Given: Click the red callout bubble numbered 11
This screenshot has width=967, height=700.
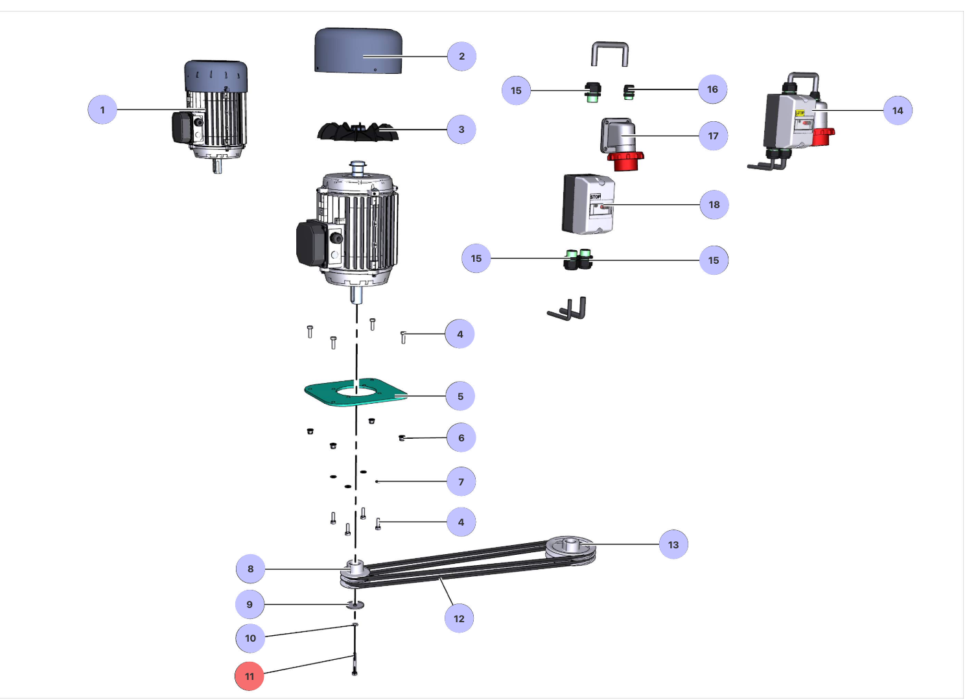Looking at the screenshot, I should coord(250,676).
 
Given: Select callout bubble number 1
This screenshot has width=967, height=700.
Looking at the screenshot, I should coord(102,110).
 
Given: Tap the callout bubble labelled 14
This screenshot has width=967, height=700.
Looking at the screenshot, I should coord(898,110).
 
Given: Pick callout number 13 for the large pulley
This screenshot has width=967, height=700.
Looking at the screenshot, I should coord(673,544).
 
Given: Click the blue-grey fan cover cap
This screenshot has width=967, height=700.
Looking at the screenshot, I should coord(358,50).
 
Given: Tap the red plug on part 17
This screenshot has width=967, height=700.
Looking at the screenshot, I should coord(625,160).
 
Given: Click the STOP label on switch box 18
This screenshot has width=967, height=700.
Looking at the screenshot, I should coord(595,196).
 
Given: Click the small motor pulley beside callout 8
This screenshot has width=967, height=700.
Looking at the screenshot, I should coord(355,570).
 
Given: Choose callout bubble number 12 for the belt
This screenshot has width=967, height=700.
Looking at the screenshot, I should coord(459,618).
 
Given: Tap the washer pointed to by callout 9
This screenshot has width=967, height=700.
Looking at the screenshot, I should coord(355,605).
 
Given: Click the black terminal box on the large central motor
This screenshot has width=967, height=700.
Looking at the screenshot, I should coord(310,244).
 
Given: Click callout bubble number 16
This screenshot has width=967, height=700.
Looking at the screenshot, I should coord(712,89).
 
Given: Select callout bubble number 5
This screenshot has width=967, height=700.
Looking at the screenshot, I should coord(460,396).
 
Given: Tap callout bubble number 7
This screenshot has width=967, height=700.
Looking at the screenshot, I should coord(461,482).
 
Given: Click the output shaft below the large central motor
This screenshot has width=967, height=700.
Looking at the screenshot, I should coord(356,295).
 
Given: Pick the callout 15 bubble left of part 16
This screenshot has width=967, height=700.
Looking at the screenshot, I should coord(516,90).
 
